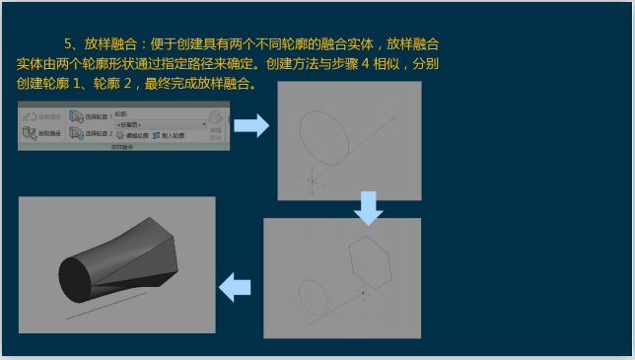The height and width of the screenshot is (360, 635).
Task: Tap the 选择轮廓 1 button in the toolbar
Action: point(89,115)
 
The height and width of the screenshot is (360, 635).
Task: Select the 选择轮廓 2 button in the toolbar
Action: point(89,133)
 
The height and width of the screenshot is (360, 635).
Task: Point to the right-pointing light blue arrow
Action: point(250,125)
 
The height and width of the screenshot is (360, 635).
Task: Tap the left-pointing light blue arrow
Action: point(235,288)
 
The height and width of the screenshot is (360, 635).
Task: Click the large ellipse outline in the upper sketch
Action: point(325,136)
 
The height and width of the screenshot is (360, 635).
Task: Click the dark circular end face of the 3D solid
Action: point(77,277)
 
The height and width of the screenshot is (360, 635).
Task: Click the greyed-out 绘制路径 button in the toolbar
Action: point(42,115)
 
